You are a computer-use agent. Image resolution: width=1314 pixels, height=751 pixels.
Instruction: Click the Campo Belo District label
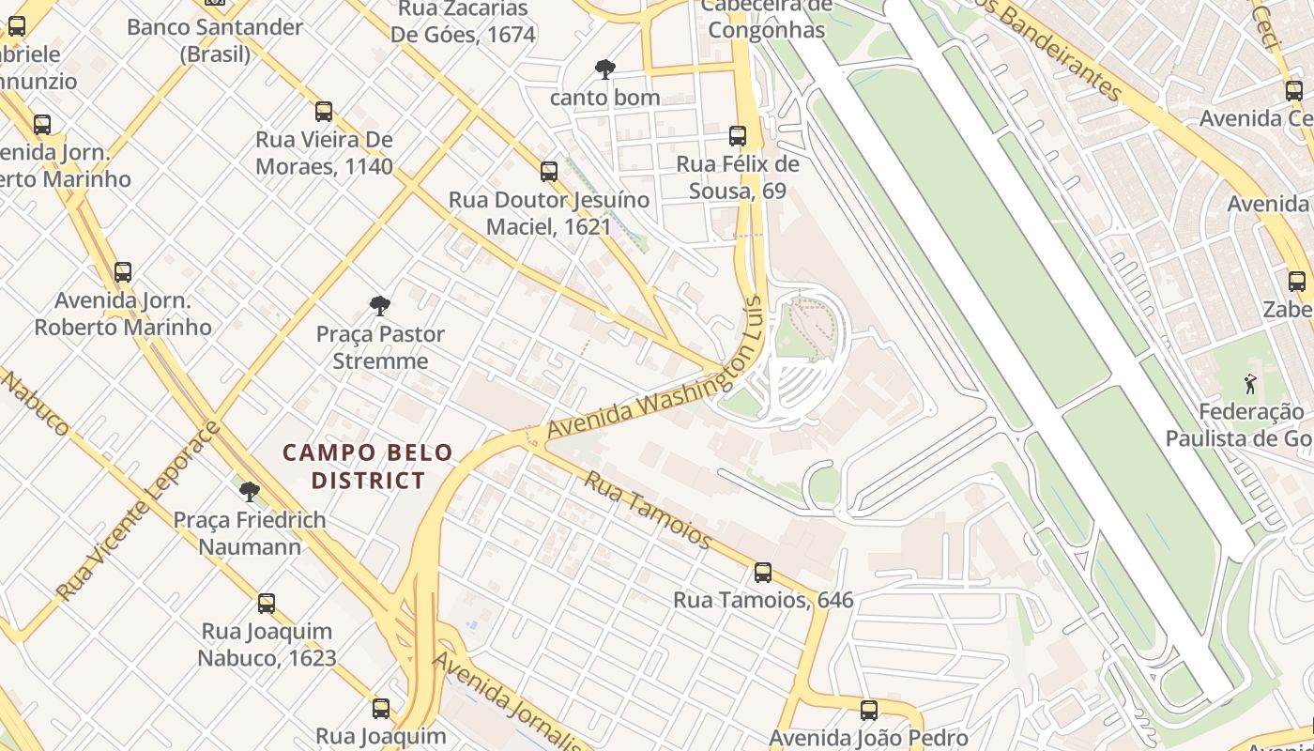click(368, 467)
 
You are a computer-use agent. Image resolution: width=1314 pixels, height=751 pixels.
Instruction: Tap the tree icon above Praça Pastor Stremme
click(380, 305)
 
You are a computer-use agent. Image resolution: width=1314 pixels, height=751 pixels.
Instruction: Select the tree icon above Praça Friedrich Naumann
click(250, 491)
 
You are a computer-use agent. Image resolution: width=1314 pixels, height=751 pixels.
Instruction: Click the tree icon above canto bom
click(605, 69)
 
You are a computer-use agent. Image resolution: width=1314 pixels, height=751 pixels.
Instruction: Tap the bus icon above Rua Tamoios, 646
click(763, 572)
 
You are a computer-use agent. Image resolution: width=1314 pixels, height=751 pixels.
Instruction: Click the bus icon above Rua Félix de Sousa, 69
click(738, 135)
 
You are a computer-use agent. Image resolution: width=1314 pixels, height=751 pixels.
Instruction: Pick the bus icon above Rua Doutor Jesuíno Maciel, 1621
click(549, 172)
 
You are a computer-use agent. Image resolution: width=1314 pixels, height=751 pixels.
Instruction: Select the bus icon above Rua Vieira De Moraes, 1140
click(324, 112)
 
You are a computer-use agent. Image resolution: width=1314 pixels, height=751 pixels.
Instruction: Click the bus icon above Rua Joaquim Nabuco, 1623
click(267, 603)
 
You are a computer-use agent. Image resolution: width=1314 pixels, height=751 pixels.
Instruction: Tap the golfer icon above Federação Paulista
click(1249, 383)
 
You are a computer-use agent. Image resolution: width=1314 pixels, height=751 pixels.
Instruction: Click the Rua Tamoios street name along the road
click(648, 510)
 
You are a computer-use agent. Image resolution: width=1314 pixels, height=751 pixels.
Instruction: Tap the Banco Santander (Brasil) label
click(215, 40)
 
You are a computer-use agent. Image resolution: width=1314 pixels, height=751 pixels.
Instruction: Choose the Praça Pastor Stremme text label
click(380, 347)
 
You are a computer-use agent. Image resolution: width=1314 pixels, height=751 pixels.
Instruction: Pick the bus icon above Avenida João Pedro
click(869, 710)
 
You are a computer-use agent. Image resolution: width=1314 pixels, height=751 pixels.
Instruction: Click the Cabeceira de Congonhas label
click(766, 19)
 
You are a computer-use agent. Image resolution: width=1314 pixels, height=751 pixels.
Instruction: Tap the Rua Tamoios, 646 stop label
click(763, 600)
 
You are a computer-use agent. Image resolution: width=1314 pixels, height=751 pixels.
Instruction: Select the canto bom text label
click(604, 97)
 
